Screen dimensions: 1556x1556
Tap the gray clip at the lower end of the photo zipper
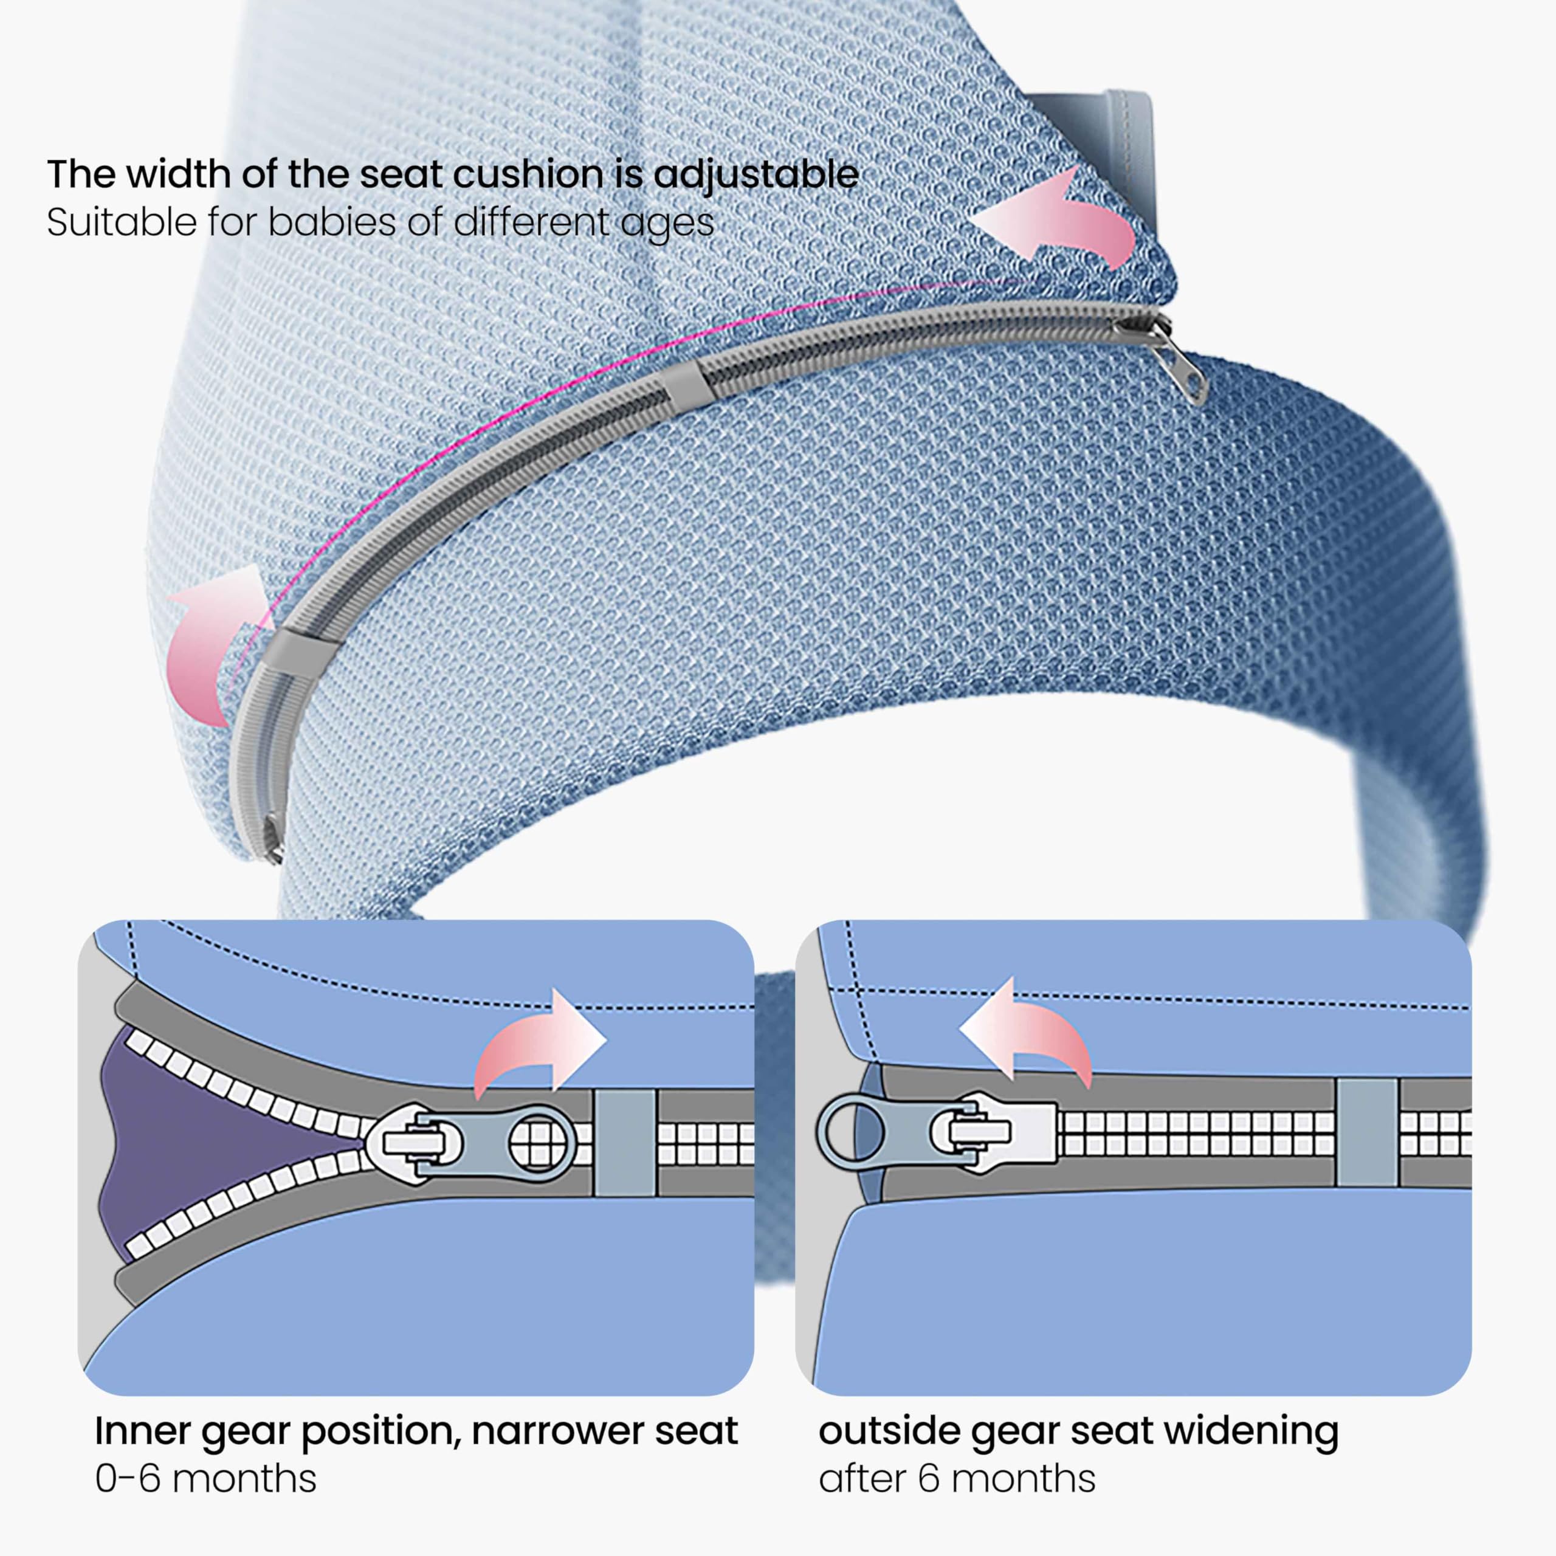pos(295,651)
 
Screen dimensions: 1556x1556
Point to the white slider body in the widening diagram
pos(999,1132)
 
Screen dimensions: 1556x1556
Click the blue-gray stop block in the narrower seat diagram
pos(625,1142)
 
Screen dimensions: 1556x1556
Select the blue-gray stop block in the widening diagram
pos(1367,1132)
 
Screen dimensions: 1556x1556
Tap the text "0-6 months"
pos(205,1479)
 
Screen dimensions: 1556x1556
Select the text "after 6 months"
pos(957,1479)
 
